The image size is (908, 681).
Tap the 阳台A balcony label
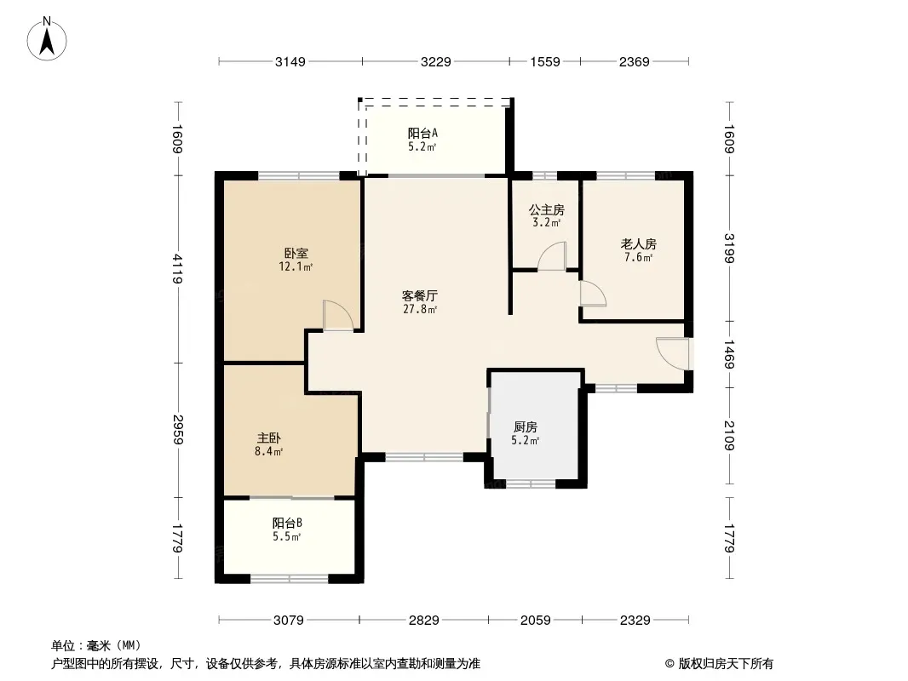[422, 134]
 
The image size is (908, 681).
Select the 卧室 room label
[296, 254]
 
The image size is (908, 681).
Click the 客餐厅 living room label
[420, 295]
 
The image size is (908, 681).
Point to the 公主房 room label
[547, 209]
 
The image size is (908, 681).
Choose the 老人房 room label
[639, 244]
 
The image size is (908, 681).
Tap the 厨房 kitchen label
[526, 427]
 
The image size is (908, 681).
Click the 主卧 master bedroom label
[268, 438]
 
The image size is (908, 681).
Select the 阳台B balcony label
[287, 524]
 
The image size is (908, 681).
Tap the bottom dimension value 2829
[424, 621]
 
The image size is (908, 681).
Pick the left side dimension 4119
[177, 269]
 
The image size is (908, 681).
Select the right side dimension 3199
[729, 249]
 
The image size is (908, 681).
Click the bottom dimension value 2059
[536, 621]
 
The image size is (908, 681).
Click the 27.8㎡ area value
[420, 310]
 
